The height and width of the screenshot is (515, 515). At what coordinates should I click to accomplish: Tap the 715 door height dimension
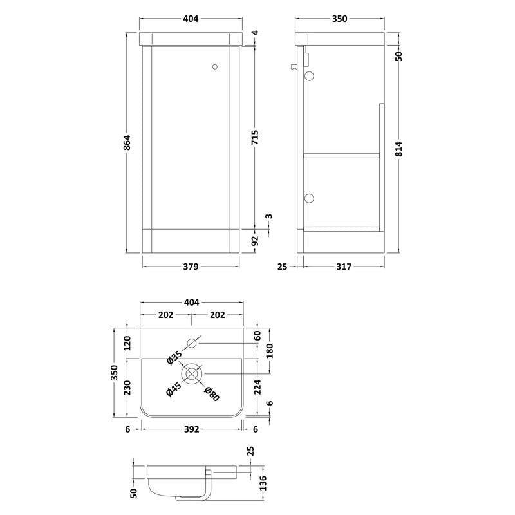click(255, 137)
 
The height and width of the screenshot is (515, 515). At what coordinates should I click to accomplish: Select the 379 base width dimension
click(191, 267)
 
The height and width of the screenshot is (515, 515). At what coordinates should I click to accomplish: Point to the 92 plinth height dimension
click(255, 241)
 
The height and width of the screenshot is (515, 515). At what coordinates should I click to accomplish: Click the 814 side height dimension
click(398, 149)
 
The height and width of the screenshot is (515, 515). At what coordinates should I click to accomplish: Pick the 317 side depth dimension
click(344, 267)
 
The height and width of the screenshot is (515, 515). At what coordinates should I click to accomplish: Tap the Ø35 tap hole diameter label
click(174, 357)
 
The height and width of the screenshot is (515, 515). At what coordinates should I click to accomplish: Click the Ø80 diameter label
click(212, 394)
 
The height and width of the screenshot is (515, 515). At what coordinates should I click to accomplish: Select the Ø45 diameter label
click(174, 389)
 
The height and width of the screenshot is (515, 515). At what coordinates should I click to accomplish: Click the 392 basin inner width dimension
click(191, 429)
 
